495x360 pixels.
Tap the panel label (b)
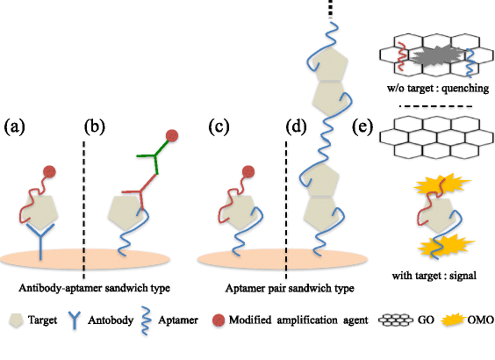[x=96, y=126]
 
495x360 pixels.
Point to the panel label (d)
[x=298, y=126]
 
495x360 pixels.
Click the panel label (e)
[x=365, y=126]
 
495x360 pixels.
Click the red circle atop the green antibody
[x=173, y=134]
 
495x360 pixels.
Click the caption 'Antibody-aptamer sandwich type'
[x=91, y=287]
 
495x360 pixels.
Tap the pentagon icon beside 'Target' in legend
[x=13, y=321]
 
